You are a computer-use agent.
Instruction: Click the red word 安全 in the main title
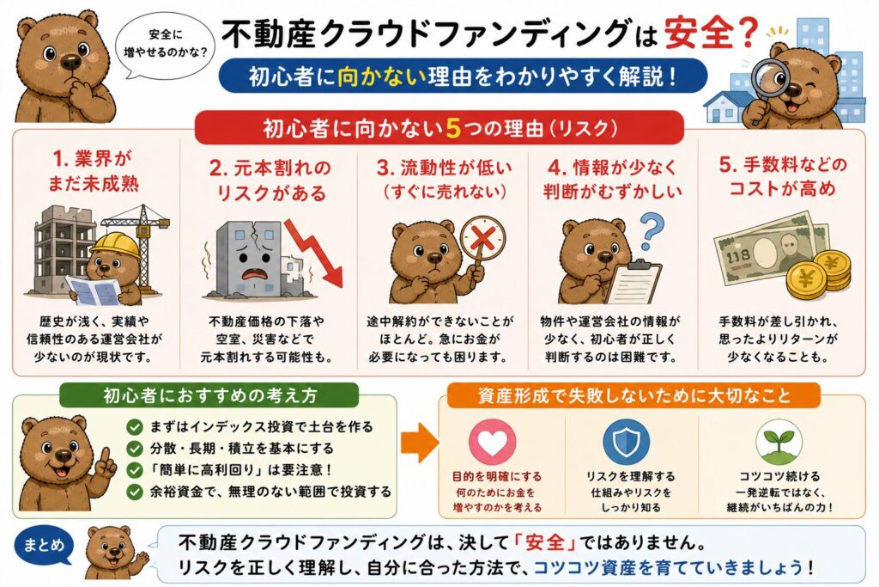point(699,34)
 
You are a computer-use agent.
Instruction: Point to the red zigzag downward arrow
point(314,252)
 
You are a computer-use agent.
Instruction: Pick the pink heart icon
point(492,441)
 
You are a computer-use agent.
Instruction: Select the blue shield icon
point(626,442)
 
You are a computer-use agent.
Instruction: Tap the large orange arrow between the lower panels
point(419,443)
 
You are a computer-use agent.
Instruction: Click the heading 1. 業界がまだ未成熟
point(92,171)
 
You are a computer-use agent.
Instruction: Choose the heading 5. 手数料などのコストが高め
point(782,176)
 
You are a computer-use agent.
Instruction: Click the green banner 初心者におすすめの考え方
point(209,395)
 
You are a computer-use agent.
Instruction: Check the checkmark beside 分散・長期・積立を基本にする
point(135,449)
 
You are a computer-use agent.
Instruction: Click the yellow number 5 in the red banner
point(453,129)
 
